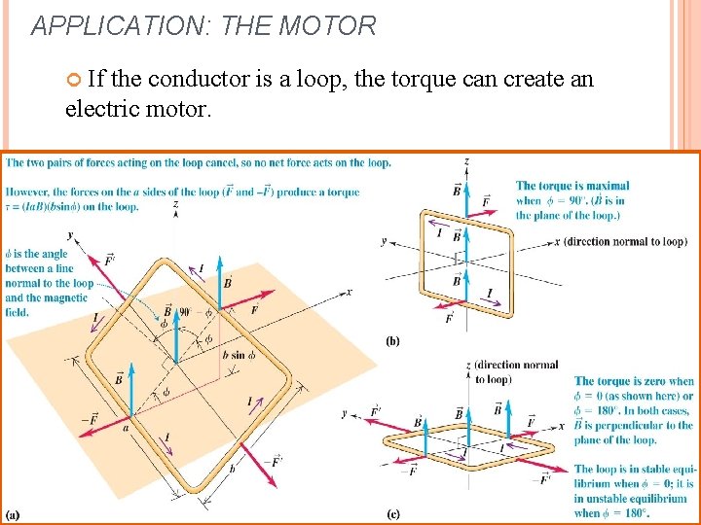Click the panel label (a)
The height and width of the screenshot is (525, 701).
pyautogui.click(x=15, y=513)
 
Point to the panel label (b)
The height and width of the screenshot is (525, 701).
pyautogui.click(x=392, y=341)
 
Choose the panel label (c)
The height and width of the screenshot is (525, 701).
pyautogui.click(x=392, y=513)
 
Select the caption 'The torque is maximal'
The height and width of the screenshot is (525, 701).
pyautogui.click(x=572, y=186)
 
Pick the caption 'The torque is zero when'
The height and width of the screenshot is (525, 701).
pyautogui.click(x=634, y=381)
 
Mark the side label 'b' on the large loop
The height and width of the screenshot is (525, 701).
pyautogui.click(x=231, y=469)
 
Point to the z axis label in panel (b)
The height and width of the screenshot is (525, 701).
pyautogui.click(x=467, y=161)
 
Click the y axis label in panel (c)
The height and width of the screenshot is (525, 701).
pyautogui.click(x=346, y=413)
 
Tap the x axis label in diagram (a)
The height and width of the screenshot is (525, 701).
pyautogui.click(x=350, y=292)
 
